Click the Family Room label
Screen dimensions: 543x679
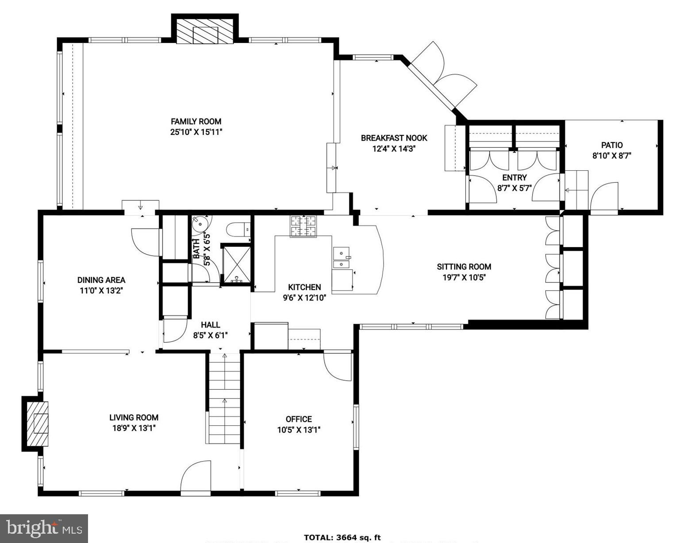(196, 121)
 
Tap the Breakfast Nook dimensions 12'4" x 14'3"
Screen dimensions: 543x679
(394, 149)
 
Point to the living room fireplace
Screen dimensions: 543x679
(37, 424)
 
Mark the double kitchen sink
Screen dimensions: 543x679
(341, 258)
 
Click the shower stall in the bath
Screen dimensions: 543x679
(237, 264)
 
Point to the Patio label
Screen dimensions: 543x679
(612, 145)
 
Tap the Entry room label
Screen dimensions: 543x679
(514, 178)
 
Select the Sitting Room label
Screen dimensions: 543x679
(464, 267)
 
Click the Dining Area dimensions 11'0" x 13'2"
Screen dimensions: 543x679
(101, 291)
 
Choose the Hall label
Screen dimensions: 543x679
(210, 325)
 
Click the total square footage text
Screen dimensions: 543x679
(342, 537)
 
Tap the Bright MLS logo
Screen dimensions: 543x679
(44, 528)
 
